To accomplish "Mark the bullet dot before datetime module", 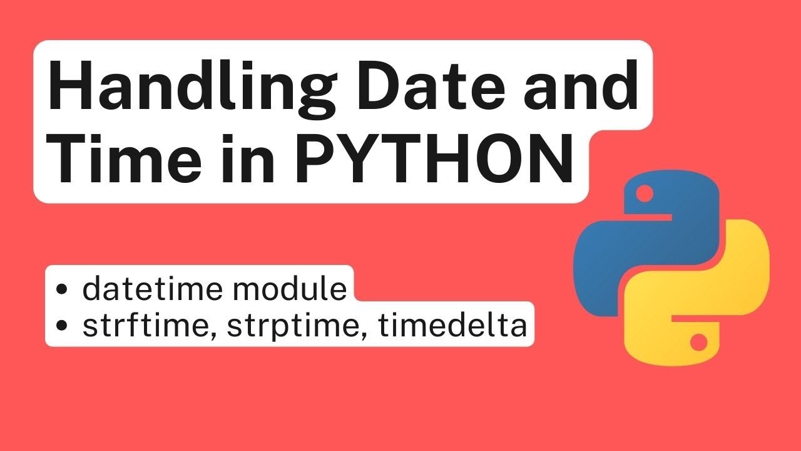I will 62,290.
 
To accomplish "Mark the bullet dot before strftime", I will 62,326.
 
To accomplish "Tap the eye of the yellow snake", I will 698,342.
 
